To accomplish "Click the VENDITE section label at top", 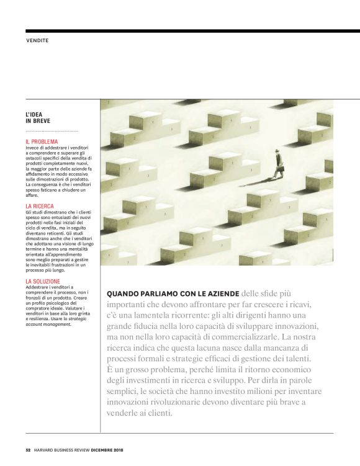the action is point(37,40).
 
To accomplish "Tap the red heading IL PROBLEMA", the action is point(42,142).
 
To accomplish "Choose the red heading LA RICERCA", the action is point(40,205).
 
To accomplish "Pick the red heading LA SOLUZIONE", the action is point(43,281).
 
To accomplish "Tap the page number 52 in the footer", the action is point(28,449).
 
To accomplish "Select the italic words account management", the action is point(47,324).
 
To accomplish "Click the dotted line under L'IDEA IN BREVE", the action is point(52,131).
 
